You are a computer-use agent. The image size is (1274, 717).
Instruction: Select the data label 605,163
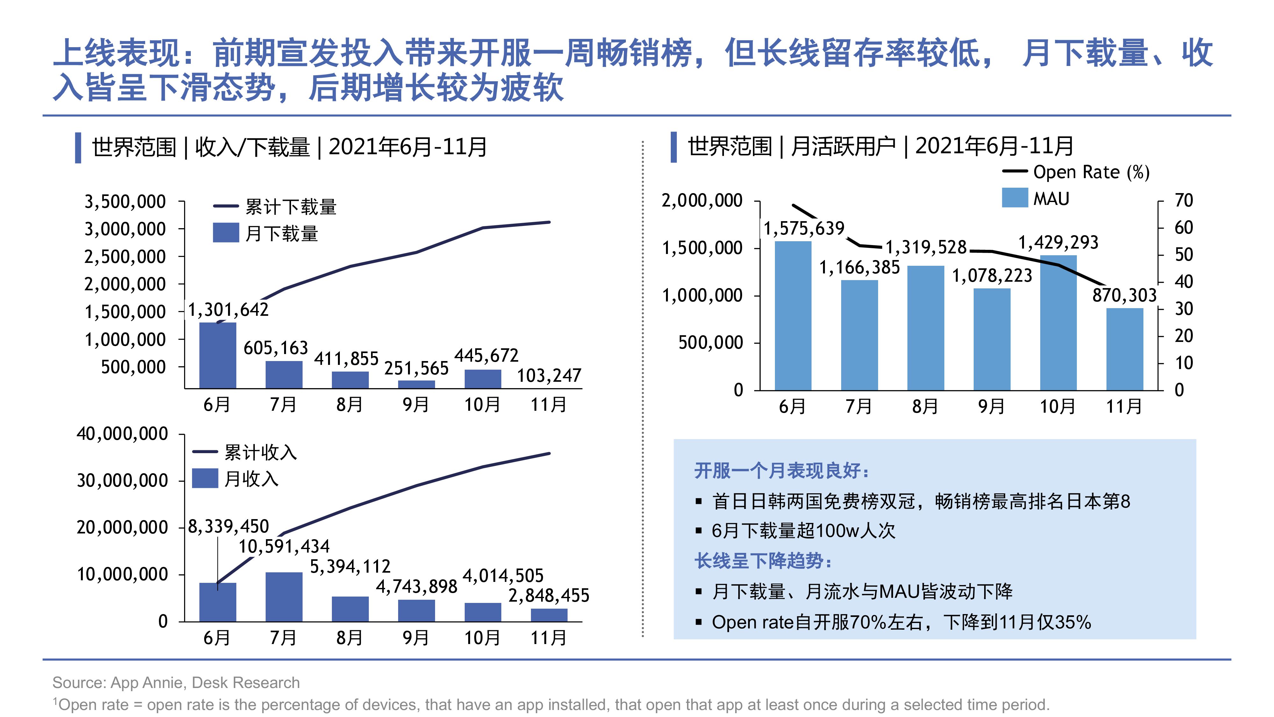[276, 348]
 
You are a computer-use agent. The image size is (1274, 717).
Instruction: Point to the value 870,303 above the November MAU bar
[1124, 295]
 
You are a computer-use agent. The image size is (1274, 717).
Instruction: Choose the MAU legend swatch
[1014, 198]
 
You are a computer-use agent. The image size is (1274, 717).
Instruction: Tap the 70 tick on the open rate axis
[1184, 200]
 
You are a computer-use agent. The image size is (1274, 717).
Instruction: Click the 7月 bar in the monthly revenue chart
[284, 597]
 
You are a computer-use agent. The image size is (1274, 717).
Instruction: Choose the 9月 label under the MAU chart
[991, 407]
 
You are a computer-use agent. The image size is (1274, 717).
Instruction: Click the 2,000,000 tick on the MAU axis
[702, 200]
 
